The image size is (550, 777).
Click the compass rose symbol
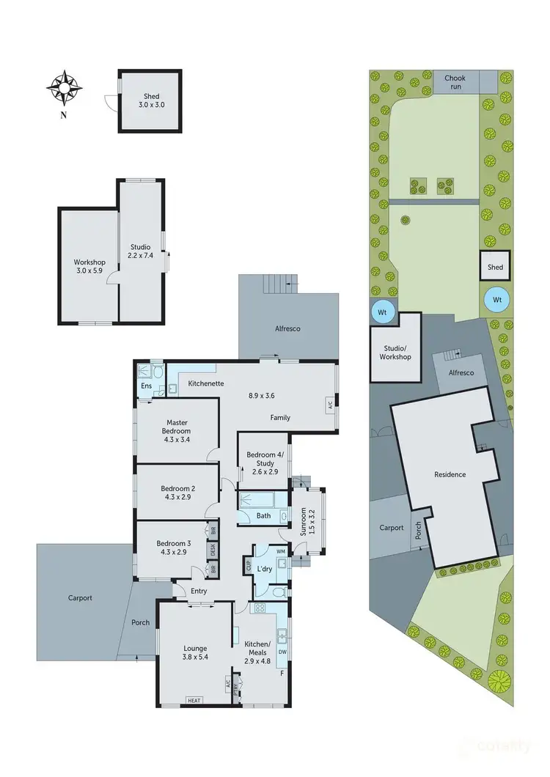pos(64,88)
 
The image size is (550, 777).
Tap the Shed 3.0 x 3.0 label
pos(151,101)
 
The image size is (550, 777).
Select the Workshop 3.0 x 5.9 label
pos(89,267)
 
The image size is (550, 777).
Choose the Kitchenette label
pos(206,383)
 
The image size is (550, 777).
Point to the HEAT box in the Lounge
pos(195,700)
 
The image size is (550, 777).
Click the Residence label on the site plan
pos(450,474)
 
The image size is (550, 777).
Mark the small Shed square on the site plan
pos(495,268)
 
